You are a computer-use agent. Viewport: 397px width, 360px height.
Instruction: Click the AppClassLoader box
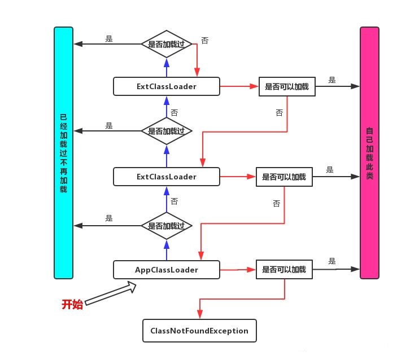(x=166, y=270)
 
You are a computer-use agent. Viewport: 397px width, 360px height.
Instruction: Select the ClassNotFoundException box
(x=199, y=331)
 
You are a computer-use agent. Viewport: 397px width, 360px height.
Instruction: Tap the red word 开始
(x=72, y=305)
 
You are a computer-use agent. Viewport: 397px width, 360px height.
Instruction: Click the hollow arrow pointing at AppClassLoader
(x=111, y=294)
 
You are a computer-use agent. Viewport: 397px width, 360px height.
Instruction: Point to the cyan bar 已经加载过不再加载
(x=63, y=152)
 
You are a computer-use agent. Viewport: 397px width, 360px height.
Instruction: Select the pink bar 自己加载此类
(x=369, y=152)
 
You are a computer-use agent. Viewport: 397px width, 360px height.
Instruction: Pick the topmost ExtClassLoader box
(x=166, y=86)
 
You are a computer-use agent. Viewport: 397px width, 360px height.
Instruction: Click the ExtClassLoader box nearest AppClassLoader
(x=166, y=177)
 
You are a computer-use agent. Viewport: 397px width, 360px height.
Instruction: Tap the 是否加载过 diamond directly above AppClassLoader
(x=166, y=226)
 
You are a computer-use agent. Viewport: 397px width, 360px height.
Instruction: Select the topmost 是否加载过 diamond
(x=166, y=43)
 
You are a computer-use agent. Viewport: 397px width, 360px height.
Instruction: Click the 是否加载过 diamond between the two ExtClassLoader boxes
(x=166, y=131)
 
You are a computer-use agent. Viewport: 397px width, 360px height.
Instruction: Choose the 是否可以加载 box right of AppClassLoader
(x=283, y=270)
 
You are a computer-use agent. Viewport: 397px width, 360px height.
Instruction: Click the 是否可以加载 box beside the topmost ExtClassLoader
(x=287, y=87)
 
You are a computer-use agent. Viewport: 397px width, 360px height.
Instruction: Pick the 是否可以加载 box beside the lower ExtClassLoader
(x=283, y=177)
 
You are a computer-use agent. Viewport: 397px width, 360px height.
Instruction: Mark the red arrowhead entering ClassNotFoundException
(x=199, y=316)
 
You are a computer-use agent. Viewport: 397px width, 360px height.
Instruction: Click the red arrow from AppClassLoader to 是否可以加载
(x=237, y=270)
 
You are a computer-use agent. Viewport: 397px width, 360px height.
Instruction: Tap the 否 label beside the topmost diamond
(x=204, y=41)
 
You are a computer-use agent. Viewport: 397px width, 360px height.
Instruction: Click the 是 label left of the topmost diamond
(x=109, y=38)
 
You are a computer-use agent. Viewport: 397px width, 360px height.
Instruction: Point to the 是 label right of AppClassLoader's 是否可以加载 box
(x=332, y=261)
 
